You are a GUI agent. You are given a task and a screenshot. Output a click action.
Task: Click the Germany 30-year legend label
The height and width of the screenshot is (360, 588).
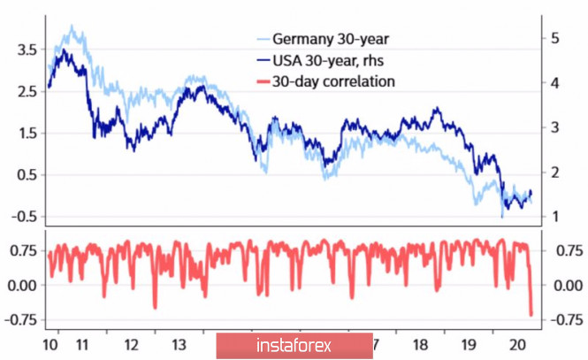[329, 39]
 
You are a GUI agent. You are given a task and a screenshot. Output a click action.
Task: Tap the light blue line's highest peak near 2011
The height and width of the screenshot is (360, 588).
[73, 27]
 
